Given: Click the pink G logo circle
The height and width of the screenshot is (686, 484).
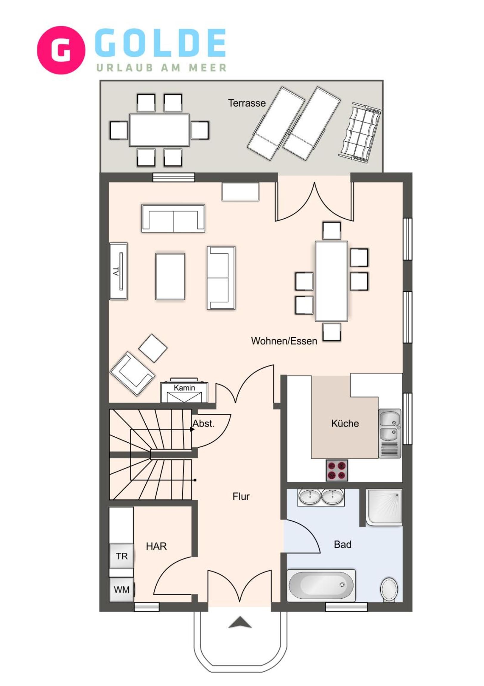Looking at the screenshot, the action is click(61, 50).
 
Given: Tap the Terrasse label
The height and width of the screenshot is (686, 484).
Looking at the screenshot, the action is click(247, 103).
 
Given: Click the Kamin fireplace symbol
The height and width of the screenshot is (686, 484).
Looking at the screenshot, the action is click(184, 390).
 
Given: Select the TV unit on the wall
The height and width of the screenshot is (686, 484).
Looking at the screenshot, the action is click(119, 271).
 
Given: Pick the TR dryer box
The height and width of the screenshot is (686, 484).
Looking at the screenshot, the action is click(122, 556).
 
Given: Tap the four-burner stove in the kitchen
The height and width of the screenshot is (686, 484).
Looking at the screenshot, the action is click(337, 471).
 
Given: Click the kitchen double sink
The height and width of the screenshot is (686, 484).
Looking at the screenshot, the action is click(390, 434).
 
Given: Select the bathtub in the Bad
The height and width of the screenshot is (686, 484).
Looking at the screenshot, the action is click(321, 585).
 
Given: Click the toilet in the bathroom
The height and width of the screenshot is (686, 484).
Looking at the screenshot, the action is click(389, 589).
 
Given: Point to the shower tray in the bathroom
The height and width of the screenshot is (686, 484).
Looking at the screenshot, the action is click(384, 508).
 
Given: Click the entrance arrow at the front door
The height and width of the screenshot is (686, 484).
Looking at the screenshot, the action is click(240, 623).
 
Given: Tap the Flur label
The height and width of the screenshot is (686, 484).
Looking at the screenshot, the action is click(241, 497).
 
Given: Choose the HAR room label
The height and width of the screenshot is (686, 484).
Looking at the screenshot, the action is click(156, 546).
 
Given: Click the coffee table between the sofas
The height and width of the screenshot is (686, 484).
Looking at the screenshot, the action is click(170, 276).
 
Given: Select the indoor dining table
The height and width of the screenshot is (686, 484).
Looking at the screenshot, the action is click(332, 281).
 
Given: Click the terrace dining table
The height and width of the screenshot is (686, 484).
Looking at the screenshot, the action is click(159, 130).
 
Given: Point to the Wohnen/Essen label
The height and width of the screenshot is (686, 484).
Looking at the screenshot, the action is click(284, 341).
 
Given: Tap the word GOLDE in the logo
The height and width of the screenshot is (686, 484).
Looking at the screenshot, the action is click(161, 43).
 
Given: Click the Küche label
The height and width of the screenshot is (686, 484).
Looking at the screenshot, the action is click(345, 423).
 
